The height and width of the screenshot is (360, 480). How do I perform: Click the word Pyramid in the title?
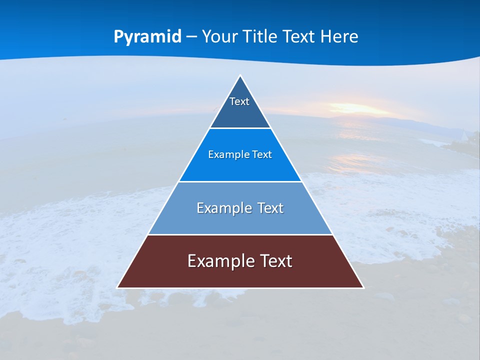tap(147, 37)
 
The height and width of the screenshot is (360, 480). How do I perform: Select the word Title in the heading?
tap(263, 37)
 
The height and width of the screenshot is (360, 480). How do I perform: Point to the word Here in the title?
tap(339, 37)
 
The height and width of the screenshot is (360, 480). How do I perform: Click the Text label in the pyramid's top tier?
tap(239, 101)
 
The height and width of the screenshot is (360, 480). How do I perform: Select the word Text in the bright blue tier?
tap(262, 155)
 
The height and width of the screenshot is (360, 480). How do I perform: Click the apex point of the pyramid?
tap(240, 76)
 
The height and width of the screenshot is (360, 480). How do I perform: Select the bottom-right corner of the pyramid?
tap(363, 287)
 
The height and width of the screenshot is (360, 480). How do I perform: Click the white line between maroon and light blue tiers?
tap(240, 235)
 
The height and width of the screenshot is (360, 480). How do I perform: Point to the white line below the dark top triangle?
tap(240, 128)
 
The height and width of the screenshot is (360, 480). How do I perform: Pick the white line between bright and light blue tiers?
tap(240, 181)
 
